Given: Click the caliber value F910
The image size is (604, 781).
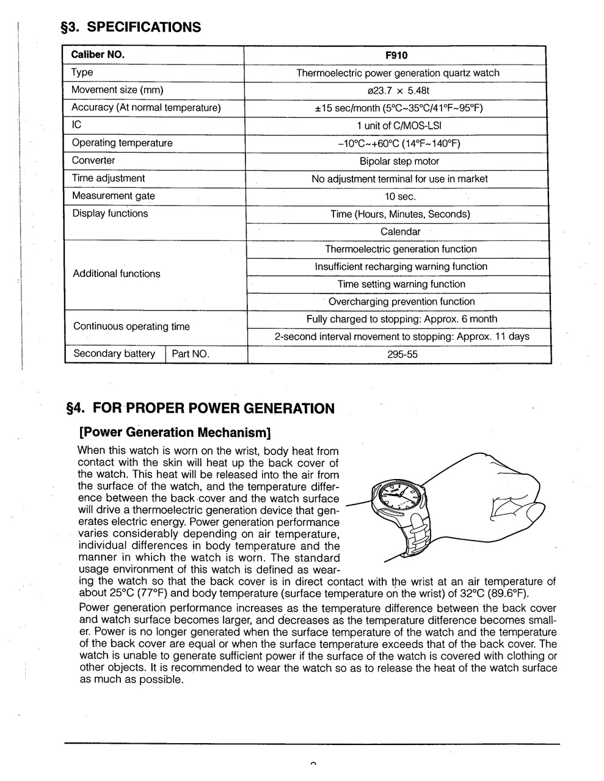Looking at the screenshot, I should click(x=396, y=56).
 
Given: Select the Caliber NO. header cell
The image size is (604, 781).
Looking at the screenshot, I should click(x=98, y=54).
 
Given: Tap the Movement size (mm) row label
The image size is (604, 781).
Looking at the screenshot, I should click(x=117, y=90).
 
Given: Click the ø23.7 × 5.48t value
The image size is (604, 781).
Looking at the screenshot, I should click(x=398, y=91).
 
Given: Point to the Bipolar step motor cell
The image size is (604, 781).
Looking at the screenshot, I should click(x=399, y=162).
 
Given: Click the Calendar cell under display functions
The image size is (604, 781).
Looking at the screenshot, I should click(x=400, y=232).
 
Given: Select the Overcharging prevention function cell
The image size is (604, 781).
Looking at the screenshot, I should click(x=401, y=301).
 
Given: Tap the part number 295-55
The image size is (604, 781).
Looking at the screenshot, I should click(x=402, y=355).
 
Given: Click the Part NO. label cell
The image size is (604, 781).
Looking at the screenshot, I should click(x=191, y=354).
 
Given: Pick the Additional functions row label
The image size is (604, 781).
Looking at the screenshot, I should click(x=116, y=274).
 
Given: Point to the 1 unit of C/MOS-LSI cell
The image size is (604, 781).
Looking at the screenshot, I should click(x=399, y=126).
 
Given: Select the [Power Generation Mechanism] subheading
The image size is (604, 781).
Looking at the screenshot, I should click(x=175, y=433).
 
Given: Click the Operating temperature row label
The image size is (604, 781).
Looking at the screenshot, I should click(x=122, y=143).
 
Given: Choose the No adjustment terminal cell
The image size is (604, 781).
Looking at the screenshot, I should click(x=399, y=179).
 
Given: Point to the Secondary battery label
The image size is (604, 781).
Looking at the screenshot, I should click(x=114, y=354).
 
